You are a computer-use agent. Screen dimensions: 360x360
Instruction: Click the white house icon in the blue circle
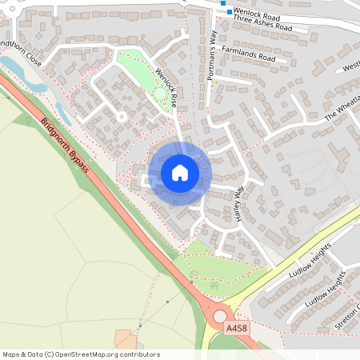click(180, 173)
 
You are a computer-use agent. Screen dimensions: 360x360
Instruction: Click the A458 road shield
click(237, 329)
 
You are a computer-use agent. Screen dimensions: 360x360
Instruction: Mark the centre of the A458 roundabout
click(219, 317)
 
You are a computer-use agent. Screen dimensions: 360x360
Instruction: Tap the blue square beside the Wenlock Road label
click(230, 12)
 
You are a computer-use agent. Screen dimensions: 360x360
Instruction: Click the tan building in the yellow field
click(126, 339)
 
